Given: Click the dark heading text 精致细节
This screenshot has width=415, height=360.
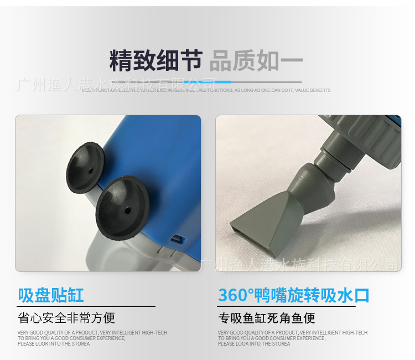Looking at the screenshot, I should pyautogui.click(x=155, y=61).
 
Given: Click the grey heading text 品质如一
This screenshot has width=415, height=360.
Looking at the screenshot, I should pyautogui.click(x=256, y=61).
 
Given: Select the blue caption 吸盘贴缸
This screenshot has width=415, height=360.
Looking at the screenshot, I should pyautogui.click(x=51, y=295).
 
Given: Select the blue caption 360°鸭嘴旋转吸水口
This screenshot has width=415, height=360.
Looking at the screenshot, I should pyautogui.click(x=293, y=295).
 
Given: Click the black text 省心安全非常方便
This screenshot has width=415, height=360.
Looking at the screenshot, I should pyautogui.click(x=66, y=318).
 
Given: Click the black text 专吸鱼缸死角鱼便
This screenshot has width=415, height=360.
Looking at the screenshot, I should pyautogui.click(x=267, y=318).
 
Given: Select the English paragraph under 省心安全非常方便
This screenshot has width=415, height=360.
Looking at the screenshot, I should pyautogui.click(x=92, y=338).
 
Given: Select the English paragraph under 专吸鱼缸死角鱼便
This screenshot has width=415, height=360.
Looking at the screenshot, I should pyautogui.click(x=292, y=338).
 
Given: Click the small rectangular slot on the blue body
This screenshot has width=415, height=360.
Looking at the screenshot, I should pyautogui.click(x=177, y=240).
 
